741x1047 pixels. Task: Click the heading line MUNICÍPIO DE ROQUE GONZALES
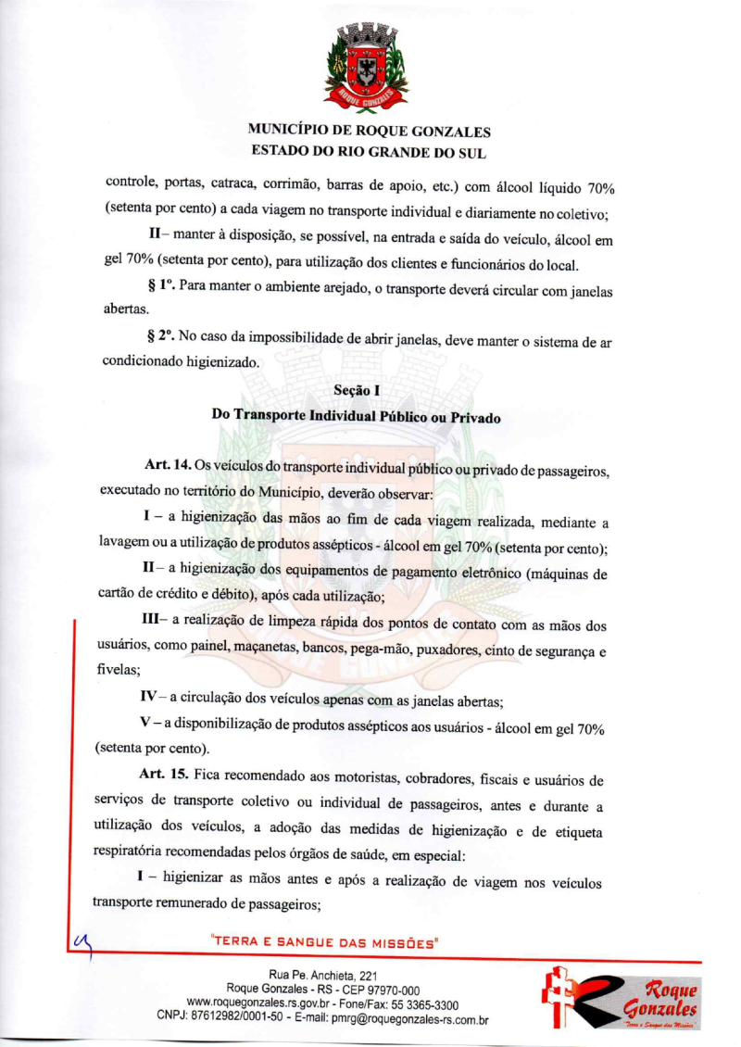(x=370, y=132)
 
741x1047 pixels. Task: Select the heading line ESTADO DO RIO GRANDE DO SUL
(x=370, y=151)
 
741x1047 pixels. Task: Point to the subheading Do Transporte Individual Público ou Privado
(x=357, y=416)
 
